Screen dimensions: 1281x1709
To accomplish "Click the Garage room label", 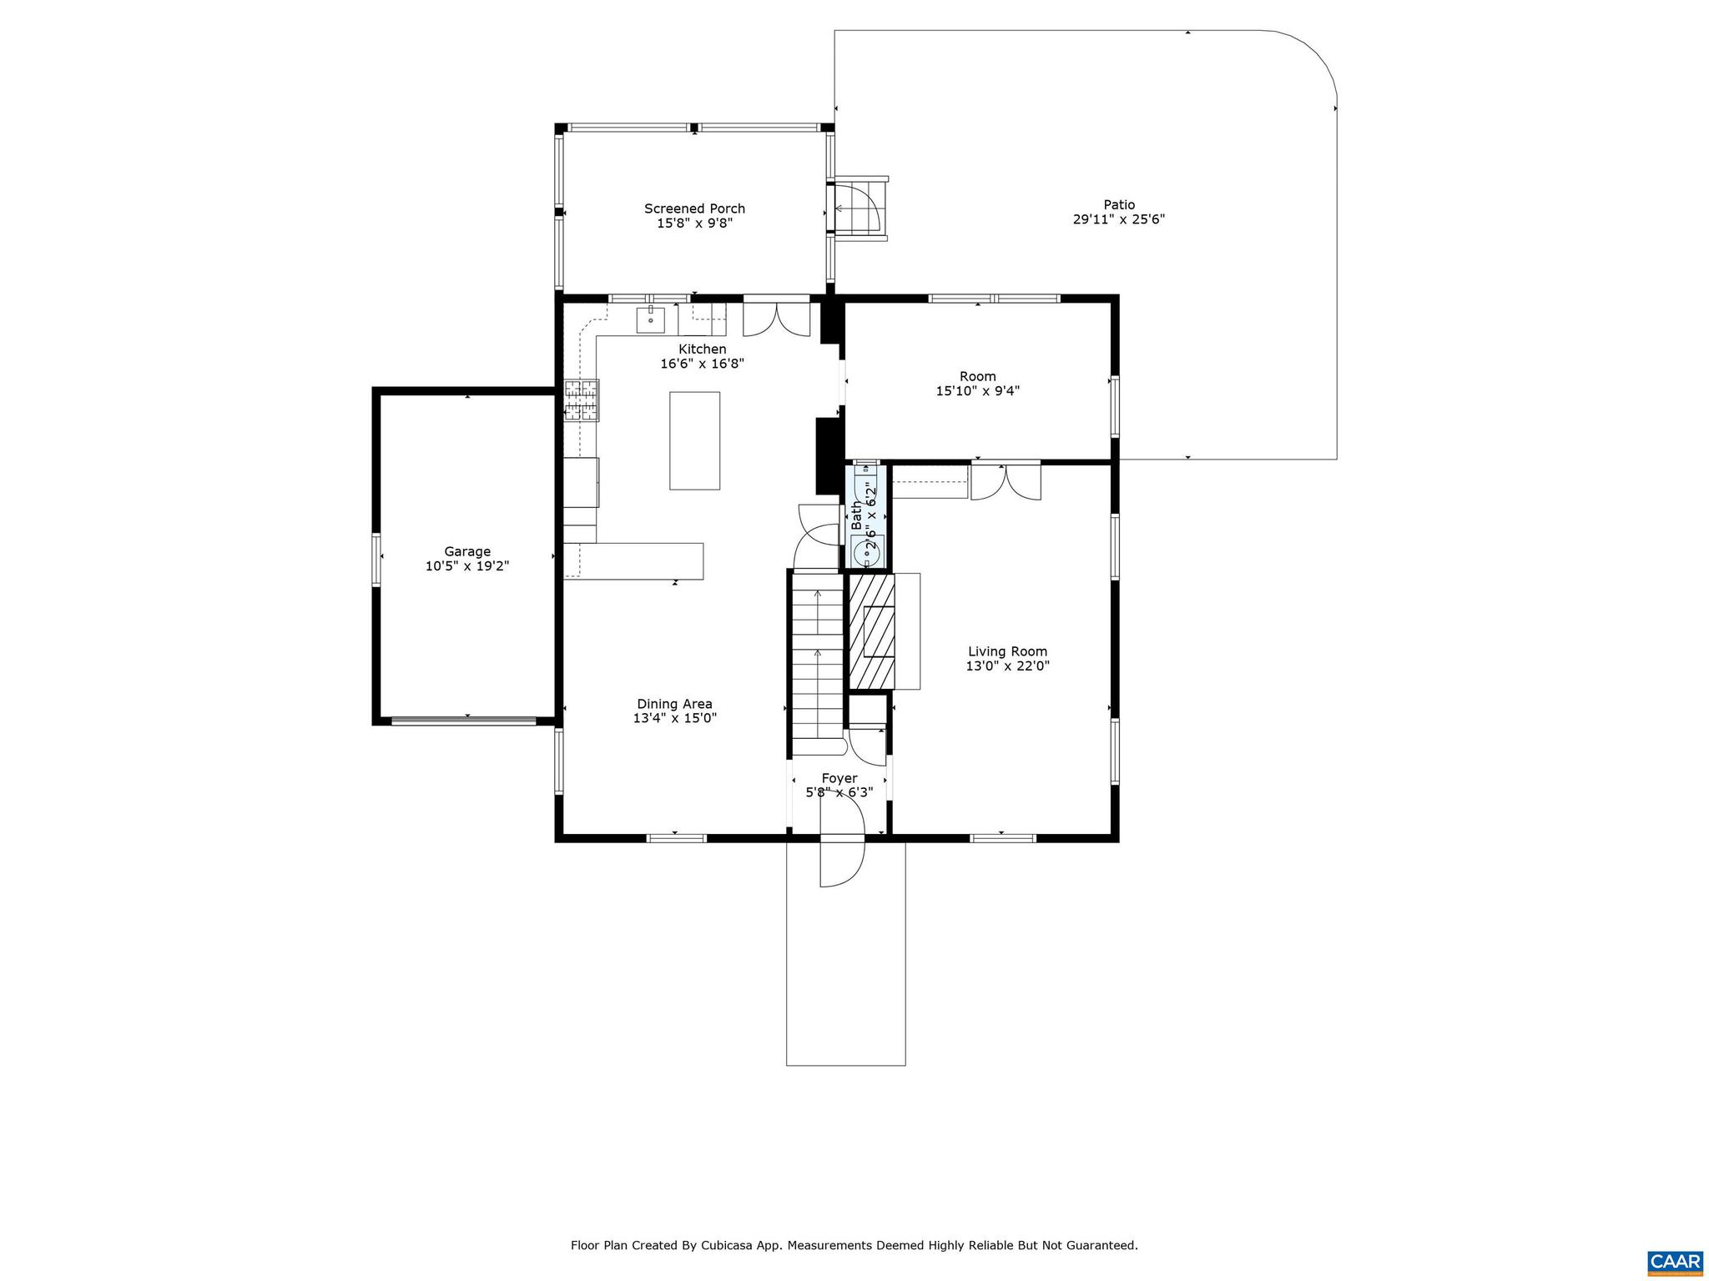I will coord(466,551).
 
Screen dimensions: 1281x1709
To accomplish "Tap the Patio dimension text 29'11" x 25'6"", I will coord(1118,219).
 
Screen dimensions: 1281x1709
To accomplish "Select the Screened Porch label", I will coord(694,208).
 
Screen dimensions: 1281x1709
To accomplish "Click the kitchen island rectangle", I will coord(694,440).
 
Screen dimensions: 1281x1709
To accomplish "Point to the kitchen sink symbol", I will coord(650,319).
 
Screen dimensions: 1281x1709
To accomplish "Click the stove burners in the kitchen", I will coord(582,399).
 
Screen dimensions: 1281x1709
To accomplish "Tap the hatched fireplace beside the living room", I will coord(871,632).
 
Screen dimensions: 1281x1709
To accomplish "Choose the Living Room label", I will coord(1007,651).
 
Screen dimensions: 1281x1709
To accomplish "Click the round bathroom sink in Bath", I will coord(867,550).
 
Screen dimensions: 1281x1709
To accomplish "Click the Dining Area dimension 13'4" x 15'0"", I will coord(674,718).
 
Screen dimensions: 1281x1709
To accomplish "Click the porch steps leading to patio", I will coord(861,208).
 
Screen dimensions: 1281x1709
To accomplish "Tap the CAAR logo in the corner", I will coord(1675,1261).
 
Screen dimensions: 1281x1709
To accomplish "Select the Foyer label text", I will coord(839,778).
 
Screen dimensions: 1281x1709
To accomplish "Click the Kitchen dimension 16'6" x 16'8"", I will coord(701,364).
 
